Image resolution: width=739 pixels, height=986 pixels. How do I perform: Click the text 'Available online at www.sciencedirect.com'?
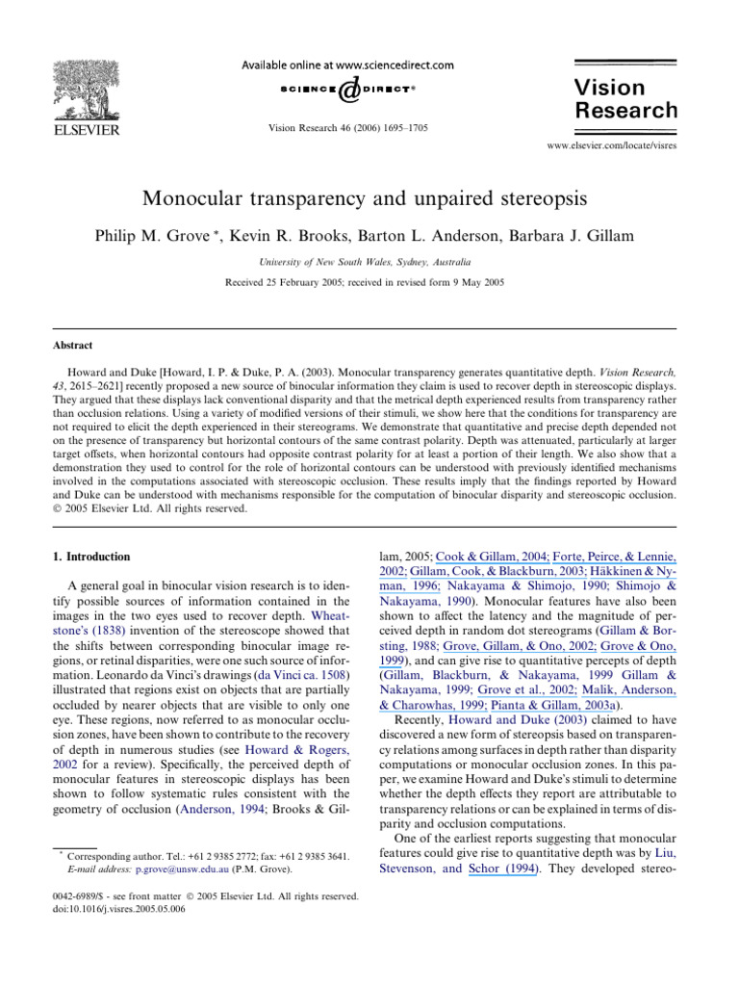pyautogui.click(x=348, y=65)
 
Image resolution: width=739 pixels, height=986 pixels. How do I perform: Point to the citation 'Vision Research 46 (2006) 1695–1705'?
pyautogui.click(x=348, y=127)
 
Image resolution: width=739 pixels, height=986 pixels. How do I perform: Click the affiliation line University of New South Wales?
pyautogui.click(x=369, y=261)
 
